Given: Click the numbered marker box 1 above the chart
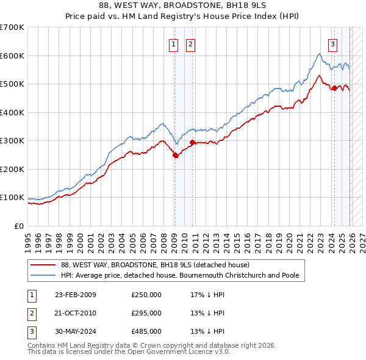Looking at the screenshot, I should click(174, 44).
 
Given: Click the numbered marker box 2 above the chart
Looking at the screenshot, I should click(190, 44).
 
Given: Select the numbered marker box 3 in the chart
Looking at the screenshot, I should click(333, 44).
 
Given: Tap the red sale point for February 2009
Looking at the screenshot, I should click(176, 155).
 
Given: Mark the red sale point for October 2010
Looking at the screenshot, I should click(193, 142).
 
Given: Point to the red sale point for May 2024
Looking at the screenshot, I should click(334, 88).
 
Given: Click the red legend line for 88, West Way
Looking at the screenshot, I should click(43, 265).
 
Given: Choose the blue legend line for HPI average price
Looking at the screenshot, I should click(43, 275).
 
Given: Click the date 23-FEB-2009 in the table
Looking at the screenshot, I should click(75, 295).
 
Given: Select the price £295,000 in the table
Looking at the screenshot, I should click(146, 313).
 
